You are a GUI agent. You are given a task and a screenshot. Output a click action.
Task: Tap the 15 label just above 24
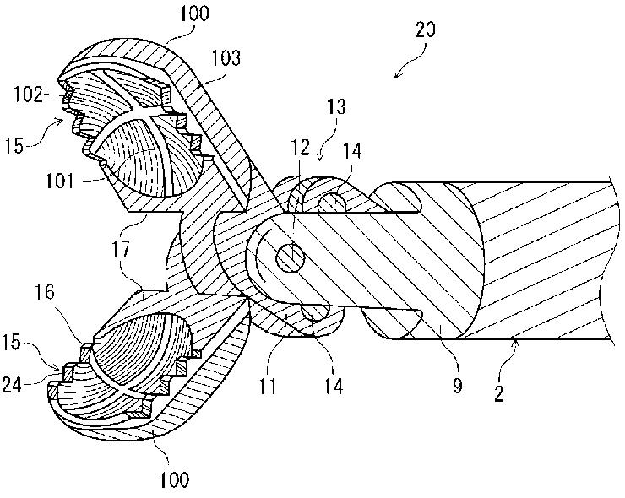(x=24, y=347)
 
